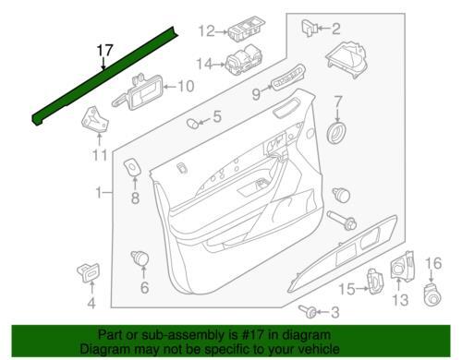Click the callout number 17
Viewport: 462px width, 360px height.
point(105,51)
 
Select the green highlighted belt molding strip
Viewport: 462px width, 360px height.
point(104,76)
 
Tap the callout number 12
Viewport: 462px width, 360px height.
point(206,31)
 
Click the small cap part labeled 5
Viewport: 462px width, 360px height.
point(193,124)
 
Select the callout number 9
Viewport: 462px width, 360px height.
point(256,93)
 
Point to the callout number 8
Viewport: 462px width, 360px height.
point(135,198)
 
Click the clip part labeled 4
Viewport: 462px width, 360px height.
point(89,272)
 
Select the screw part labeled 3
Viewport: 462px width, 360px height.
point(308,311)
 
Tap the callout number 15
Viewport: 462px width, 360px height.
point(347,289)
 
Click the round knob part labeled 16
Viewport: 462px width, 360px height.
point(433,294)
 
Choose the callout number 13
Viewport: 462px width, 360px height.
point(400,300)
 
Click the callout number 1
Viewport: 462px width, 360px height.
point(99,193)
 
